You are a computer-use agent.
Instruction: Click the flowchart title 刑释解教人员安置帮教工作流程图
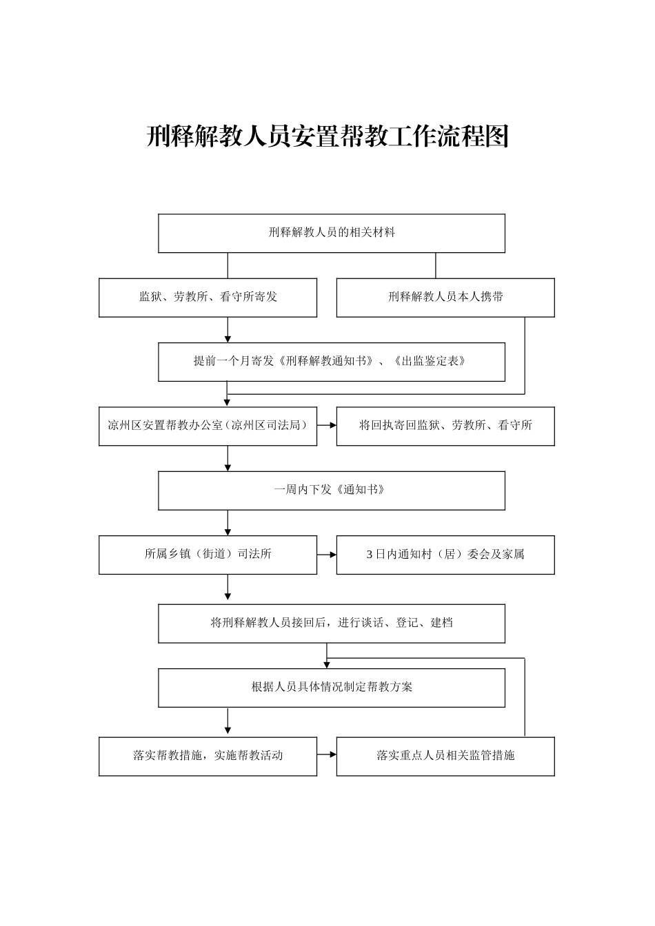[327, 137]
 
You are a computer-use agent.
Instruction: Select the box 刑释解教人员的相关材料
[332, 233]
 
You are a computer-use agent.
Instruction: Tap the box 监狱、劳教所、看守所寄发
[208, 298]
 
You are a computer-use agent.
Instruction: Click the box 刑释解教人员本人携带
[445, 298]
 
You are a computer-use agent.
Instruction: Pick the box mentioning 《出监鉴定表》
[332, 362]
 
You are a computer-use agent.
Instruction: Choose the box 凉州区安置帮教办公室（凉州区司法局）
[208, 426]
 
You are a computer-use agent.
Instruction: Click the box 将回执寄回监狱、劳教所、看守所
[445, 426]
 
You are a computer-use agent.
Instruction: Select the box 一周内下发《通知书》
[332, 491]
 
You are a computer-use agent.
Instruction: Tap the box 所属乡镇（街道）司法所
[208, 555]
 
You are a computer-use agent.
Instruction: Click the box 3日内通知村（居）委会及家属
[445, 555]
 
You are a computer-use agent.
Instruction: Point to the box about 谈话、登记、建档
[332, 624]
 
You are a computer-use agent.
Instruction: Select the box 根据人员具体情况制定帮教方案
[332, 688]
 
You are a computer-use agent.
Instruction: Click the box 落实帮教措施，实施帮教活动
[208, 756]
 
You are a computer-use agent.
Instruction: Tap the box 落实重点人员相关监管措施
[445, 756]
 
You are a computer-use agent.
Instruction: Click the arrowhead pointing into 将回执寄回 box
[332, 426]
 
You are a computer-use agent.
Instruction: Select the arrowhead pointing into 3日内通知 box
[332, 555]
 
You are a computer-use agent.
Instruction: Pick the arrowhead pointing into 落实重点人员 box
[332, 756]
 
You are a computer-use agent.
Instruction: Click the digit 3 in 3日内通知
[370, 555]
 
